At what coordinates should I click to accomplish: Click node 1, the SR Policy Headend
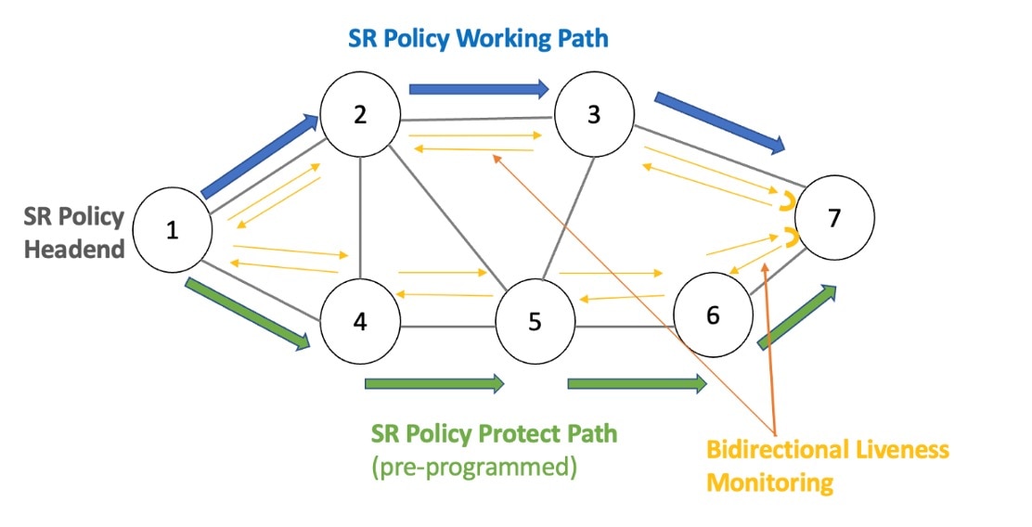172,232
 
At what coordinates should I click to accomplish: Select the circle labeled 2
360,116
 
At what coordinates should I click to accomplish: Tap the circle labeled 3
594,116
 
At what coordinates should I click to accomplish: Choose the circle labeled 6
713,315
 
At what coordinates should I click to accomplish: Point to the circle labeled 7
833,219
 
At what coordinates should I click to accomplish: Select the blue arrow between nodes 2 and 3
479,89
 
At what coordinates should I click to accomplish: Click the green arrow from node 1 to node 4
248,315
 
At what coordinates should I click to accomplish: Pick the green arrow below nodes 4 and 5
434,383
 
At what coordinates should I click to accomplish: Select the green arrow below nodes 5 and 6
636,383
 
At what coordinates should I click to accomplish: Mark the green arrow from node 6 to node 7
797,316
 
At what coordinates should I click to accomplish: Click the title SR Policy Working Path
478,39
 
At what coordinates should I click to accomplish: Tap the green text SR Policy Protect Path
494,433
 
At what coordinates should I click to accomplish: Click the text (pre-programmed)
473,467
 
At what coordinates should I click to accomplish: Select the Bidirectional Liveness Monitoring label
828,466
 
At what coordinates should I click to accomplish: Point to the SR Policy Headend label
74,233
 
